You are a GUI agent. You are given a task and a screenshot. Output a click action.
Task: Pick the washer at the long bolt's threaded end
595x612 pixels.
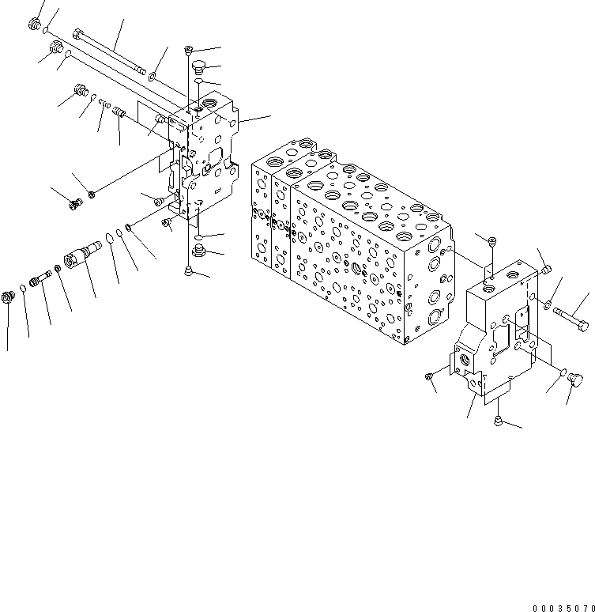(x=153, y=77)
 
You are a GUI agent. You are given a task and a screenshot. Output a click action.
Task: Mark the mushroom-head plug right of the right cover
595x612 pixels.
(x=576, y=382)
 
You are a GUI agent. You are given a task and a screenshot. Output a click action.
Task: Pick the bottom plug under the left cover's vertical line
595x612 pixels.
(x=189, y=271)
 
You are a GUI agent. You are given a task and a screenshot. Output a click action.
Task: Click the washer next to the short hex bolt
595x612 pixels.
(x=547, y=303)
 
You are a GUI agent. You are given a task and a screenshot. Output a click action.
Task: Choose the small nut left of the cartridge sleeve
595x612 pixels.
(x=59, y=268)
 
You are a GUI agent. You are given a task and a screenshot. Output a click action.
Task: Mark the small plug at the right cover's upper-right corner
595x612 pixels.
(x=546, y=270)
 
